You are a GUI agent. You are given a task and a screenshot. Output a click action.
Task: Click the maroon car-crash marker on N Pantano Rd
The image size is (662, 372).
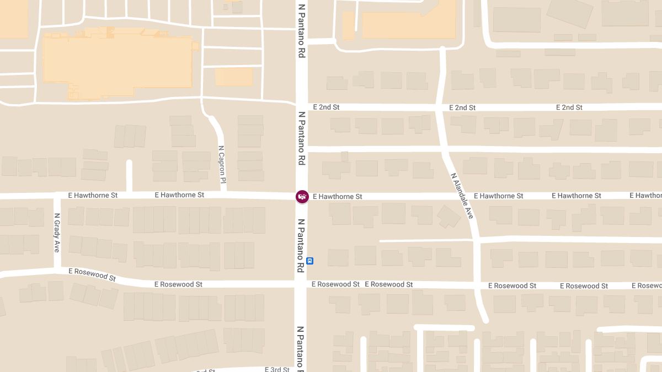[x=302, y=197]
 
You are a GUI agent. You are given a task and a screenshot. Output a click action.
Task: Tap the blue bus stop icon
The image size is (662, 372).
[x=310, y=261]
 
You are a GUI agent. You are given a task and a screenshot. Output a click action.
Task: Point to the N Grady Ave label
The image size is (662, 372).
[x=57, y=233]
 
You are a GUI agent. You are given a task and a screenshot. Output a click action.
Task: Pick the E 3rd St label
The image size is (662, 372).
[x=277, y=369]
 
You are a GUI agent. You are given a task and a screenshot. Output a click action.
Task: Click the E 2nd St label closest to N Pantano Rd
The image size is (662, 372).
[x=325, y=107]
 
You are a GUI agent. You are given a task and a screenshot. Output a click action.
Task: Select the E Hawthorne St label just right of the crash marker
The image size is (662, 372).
[x=337, y=196]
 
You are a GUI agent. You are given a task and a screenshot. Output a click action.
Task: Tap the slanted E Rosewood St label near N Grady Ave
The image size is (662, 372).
[x=92, y=274]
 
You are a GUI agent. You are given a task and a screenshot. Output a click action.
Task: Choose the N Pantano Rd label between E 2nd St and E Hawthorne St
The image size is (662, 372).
[x=301, y=138]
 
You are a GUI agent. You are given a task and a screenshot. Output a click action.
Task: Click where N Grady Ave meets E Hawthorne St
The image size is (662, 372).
[x=57, y=196]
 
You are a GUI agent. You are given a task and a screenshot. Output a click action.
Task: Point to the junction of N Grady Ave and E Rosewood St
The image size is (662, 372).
[x=57, y=271]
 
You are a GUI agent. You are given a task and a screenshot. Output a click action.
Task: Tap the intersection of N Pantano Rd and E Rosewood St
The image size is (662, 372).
[x=301, y=284]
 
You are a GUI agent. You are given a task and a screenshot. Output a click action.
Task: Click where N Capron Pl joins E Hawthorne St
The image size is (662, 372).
[x=223, y=193]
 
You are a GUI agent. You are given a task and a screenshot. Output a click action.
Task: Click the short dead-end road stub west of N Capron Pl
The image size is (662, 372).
[x=129, y=176]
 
